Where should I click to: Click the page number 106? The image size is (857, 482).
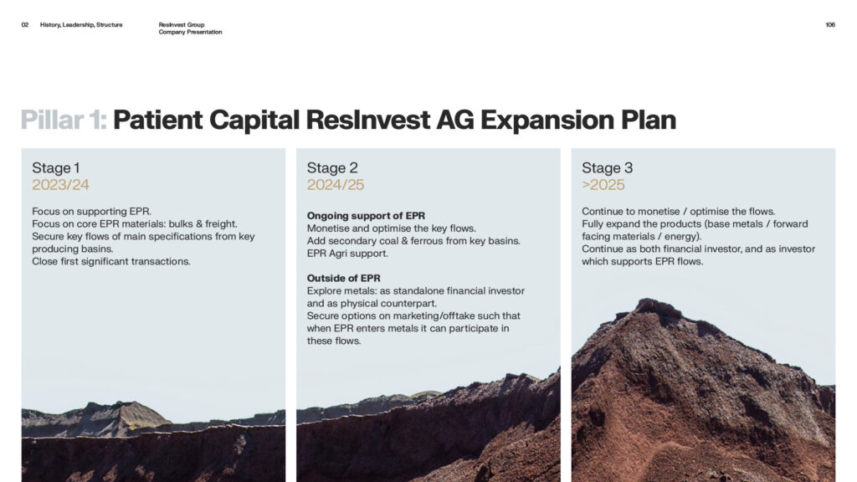tap(829, 24)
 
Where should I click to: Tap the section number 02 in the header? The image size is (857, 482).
tap(24, 24)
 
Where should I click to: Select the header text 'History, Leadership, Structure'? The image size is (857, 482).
tap(81, 24)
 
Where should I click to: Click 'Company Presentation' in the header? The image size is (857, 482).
tap(190, 32)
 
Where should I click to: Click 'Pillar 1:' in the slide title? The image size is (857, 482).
tap(64, 120)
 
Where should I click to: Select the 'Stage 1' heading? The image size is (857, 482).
tap(56, 167)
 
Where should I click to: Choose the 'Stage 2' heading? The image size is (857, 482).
tap(332, 167)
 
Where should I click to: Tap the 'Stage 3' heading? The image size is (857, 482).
tap(608, 167)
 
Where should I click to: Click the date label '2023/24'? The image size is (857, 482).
tap(60, 185)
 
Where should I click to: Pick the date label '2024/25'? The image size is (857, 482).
tap(336, 185)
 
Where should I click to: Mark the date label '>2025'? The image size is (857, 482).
tap(603, 185)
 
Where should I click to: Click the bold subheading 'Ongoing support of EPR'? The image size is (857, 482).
tap(366, 216)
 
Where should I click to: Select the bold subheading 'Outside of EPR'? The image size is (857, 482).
tap(343, 278)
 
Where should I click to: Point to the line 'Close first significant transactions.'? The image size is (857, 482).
tap(111, 261)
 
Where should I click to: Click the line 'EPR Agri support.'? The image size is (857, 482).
tap(347, 254)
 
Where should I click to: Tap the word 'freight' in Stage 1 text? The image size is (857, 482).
tap(220, 224)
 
